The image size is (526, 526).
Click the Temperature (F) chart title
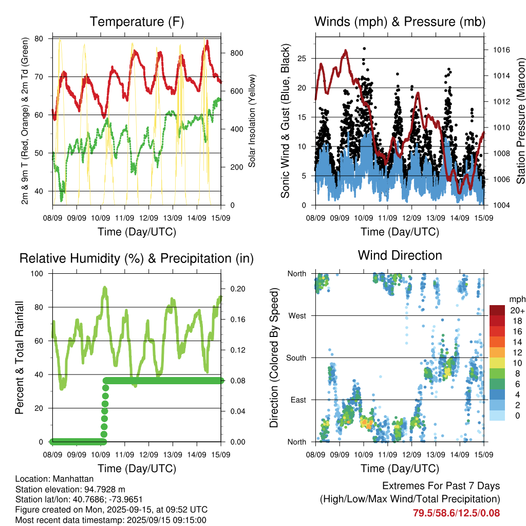coord(137,22)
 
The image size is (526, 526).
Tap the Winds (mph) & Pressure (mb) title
coord(400,22)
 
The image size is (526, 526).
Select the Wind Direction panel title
coord(400,255)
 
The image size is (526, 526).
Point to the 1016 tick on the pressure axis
coord(501,50)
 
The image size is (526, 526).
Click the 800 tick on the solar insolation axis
coord(236,53)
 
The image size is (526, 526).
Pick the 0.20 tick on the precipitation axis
coord(238,289)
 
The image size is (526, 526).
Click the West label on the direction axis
coord(297,316)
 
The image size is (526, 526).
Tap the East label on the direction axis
coord(298,400)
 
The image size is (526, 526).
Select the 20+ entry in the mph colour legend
coord(517,311)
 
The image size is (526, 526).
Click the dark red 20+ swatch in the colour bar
coord(497,310)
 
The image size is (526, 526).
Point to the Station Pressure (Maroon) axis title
coord(520,121)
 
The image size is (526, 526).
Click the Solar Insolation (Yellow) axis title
coord(252,121)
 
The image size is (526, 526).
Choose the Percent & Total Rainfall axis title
coord(20,358)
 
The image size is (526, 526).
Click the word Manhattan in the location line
coord(73,479)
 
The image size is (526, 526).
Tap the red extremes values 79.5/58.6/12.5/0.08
coord(456,513)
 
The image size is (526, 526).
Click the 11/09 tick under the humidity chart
coord(124,455)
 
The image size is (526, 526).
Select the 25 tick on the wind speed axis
coord(302,59)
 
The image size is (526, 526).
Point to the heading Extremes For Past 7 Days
coord(441,486)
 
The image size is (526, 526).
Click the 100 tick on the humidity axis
coord(37,273)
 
